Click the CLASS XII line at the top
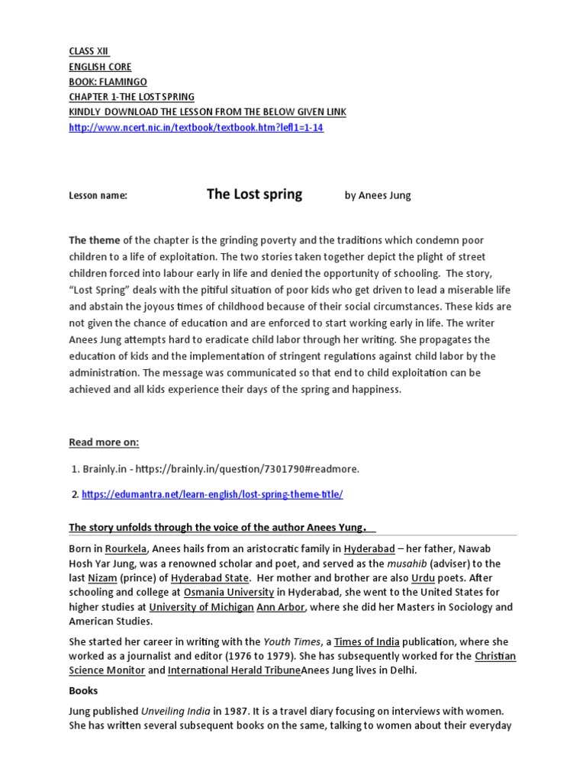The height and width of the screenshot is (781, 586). [89, 51]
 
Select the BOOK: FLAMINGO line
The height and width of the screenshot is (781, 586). [108, 82]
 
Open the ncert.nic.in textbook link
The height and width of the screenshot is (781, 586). [196, 127]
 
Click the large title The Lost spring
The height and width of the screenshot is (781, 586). [254, 194]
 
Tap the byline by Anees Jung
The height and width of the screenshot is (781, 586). [377, 195]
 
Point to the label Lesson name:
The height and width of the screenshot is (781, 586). [98, 196]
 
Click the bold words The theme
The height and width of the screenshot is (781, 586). [95, 240]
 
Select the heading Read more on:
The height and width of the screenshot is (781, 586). [104, 442]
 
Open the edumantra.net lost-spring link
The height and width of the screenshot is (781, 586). [212, 494]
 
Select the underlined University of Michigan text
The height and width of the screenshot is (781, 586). [201, 607]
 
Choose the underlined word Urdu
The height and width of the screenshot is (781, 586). [423, 578]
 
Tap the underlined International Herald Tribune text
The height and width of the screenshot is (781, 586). [234, 670]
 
